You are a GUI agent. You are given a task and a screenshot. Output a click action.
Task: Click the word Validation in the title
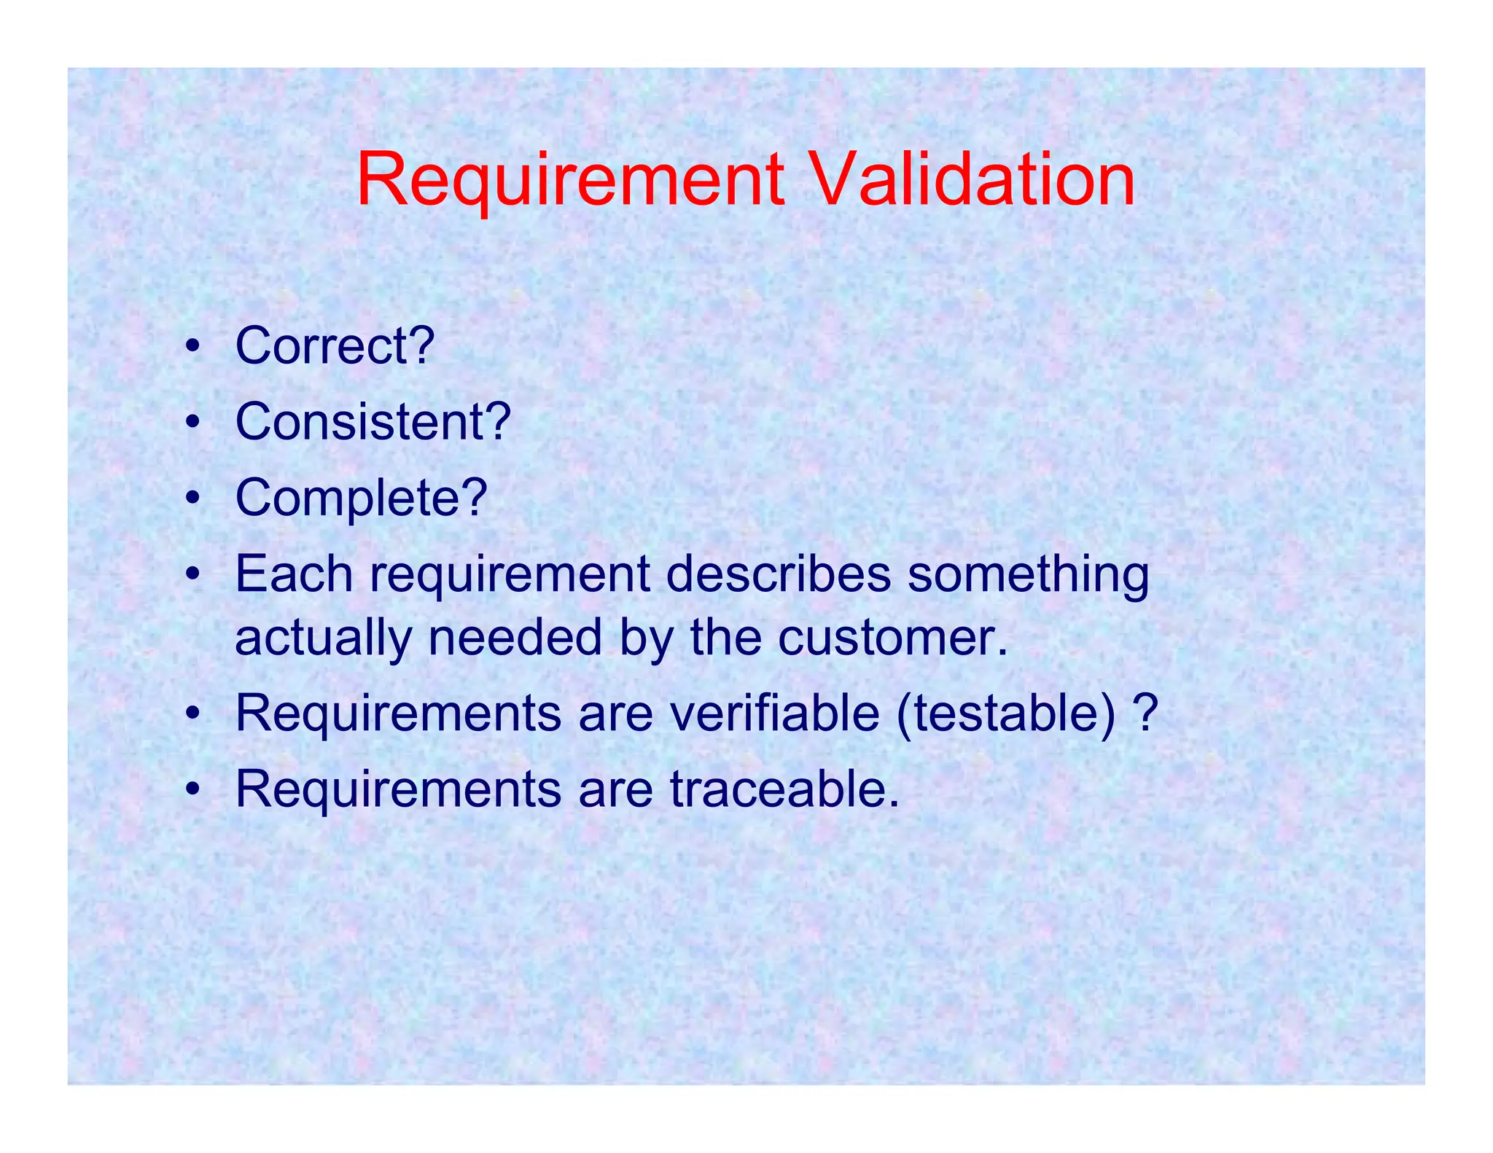(972, 179)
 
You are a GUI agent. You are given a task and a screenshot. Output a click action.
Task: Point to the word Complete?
(361, 498)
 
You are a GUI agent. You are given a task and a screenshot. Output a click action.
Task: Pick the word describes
(778, 574)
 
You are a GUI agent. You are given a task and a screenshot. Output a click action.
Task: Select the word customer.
(893, 638)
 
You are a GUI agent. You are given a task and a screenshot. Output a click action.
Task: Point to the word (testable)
(1007, 714)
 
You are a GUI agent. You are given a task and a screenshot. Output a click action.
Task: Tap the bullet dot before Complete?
(192, 499)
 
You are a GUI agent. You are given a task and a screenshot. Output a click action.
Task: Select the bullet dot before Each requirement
(192, 576)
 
